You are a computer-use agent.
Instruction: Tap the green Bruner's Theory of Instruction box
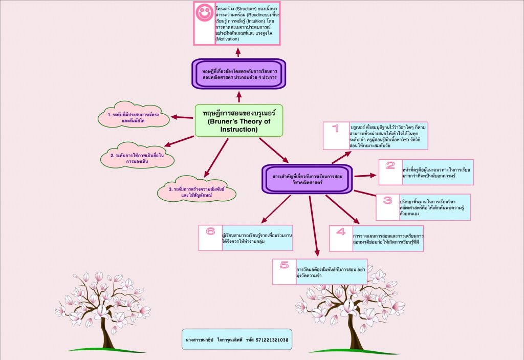coord(239,121)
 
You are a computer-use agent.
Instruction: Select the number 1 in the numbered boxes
coord(335,129)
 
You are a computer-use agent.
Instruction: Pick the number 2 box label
coord(390,165)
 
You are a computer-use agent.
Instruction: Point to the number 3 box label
coord(387,200)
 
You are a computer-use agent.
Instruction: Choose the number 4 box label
coord(341,231)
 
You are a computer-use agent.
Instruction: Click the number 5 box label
coord(285,265)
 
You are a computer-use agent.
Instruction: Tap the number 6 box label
coord(210,231)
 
